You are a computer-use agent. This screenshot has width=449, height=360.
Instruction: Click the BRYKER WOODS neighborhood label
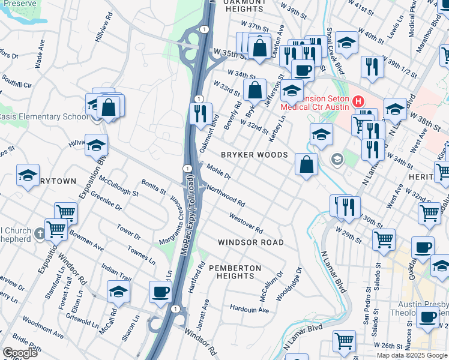click(x=255, y=155)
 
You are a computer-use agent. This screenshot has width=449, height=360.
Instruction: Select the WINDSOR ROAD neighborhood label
click(x=250, y=242)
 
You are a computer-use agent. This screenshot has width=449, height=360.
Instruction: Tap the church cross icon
click(x=40, y=233)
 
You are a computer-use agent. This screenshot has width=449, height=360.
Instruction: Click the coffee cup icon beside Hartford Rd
click(x=160, y=292)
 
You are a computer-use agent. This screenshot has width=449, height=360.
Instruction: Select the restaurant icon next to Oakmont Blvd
click(x=200, y=112)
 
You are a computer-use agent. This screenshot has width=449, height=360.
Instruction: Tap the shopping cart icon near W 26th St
click(x=345, y=340)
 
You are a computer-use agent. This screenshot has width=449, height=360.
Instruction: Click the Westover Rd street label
click(x=246, y=223)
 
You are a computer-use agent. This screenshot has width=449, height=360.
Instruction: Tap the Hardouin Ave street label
click(x=249, y=310)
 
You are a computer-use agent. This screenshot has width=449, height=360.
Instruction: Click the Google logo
click(x=21, y=353)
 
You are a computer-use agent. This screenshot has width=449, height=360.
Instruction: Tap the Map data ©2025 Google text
click(x=412, y=355)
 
